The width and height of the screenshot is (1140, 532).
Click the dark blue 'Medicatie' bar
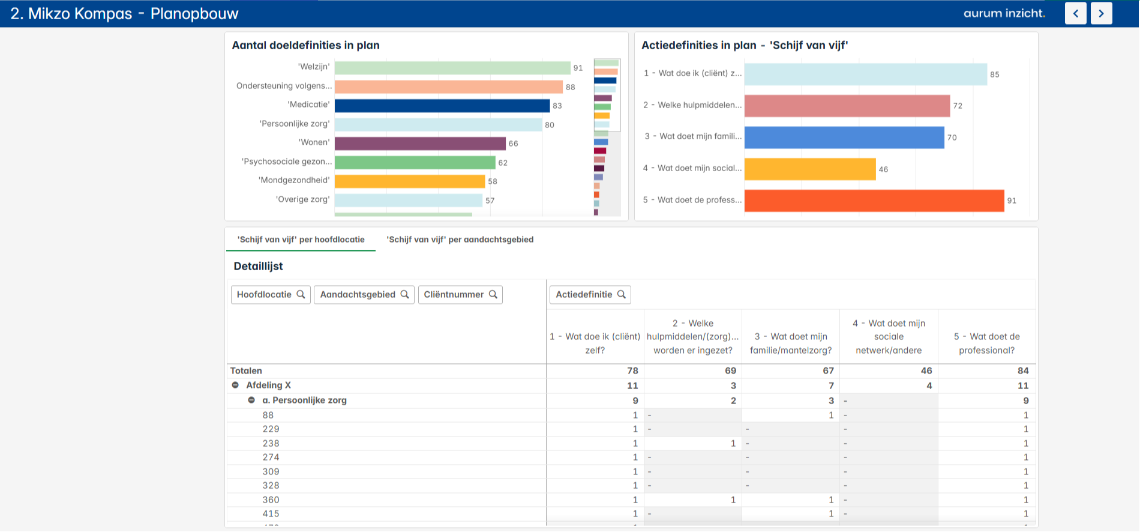(x=442, y=106)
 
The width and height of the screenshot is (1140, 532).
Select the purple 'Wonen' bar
(x=420, y=144)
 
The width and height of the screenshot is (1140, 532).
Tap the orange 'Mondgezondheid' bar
(x=409, y=181)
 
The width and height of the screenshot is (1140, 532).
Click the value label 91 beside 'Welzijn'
(x=578, y=68)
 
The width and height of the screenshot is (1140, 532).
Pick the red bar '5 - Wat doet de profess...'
(x=874, y=201)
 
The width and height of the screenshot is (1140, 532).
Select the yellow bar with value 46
(x=809, y=169)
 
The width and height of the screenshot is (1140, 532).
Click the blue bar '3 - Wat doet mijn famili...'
(x=844, y=138)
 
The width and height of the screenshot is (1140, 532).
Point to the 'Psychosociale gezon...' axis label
(x=287, y=162)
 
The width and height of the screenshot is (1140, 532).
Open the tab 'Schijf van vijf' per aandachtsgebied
(x=460, y=240)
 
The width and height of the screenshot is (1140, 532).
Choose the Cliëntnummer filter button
(x=460, y=294)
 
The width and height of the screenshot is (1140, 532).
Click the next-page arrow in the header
(x=1101, y=13)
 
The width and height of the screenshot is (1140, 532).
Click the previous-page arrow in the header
(x=1075, y=13)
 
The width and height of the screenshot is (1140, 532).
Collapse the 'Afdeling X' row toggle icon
(x=235, y=385)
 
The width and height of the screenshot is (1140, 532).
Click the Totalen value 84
(x=1022, y=371)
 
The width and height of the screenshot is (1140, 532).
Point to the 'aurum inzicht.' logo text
(x=1004, y=13)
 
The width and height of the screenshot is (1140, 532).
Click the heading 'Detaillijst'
(x=258, y=266)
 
